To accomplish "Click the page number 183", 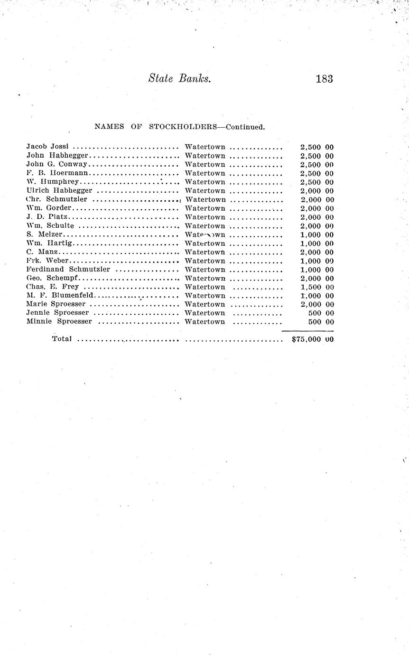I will [x=324, y=79].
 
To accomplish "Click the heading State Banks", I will [x=179, y=79].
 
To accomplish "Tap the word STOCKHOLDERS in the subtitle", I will [x=183, y=127].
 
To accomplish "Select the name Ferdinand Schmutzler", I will [x=68, y=270].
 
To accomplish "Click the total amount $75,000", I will [x=307, y=339].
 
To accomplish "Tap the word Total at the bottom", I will [x=62, y=339].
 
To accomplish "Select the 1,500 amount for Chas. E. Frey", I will [x=311, y=287].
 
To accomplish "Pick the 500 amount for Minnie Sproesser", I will [x=315, y=322].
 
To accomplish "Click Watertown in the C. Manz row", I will [x=205, y=252].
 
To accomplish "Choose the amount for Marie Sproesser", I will [x=311, y=304].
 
